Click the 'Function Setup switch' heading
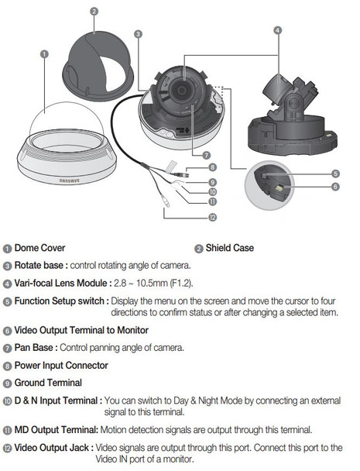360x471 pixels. [x=61, y=300]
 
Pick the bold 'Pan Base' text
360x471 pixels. [x=36, y=348]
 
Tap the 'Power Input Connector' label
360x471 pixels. [x=61, y=365]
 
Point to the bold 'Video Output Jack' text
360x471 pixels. [x=51, y=448]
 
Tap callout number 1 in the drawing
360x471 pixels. [x=44, y=54]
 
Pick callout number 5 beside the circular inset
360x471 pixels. [x=335, y=174]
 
